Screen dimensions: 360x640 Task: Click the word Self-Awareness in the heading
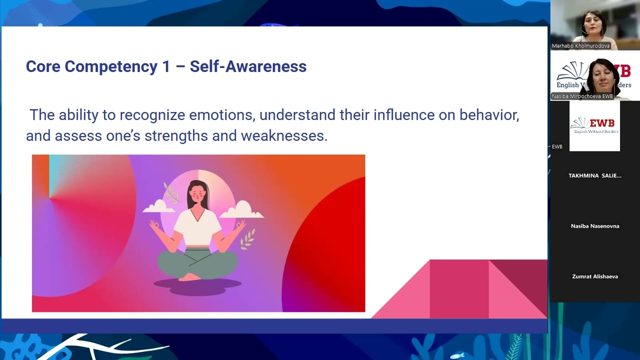point(248,66)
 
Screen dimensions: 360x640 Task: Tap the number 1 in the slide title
point(166,66)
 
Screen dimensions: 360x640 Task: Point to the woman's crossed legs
point(197,262)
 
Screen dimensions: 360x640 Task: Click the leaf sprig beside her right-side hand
point(247,239)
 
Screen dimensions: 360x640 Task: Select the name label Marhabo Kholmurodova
point(580,46)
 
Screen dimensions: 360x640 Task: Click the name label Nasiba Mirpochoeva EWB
point(582,96)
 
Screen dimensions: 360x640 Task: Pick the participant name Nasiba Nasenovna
point(595,226)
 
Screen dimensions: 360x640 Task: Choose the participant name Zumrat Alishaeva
point(595,276)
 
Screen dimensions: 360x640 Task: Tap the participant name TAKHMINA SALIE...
point(595,175)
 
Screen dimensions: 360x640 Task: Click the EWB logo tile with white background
point(594,126)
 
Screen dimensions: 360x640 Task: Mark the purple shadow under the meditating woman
point(197,286)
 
